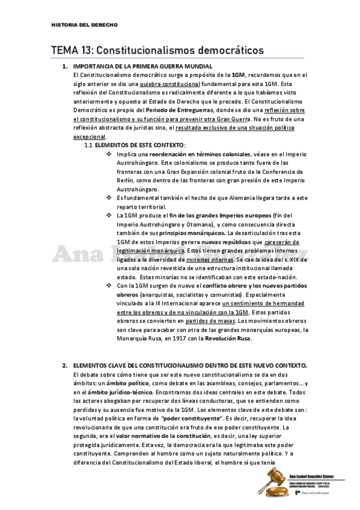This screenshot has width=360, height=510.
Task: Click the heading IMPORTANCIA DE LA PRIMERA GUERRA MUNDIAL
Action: [142, 66]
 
